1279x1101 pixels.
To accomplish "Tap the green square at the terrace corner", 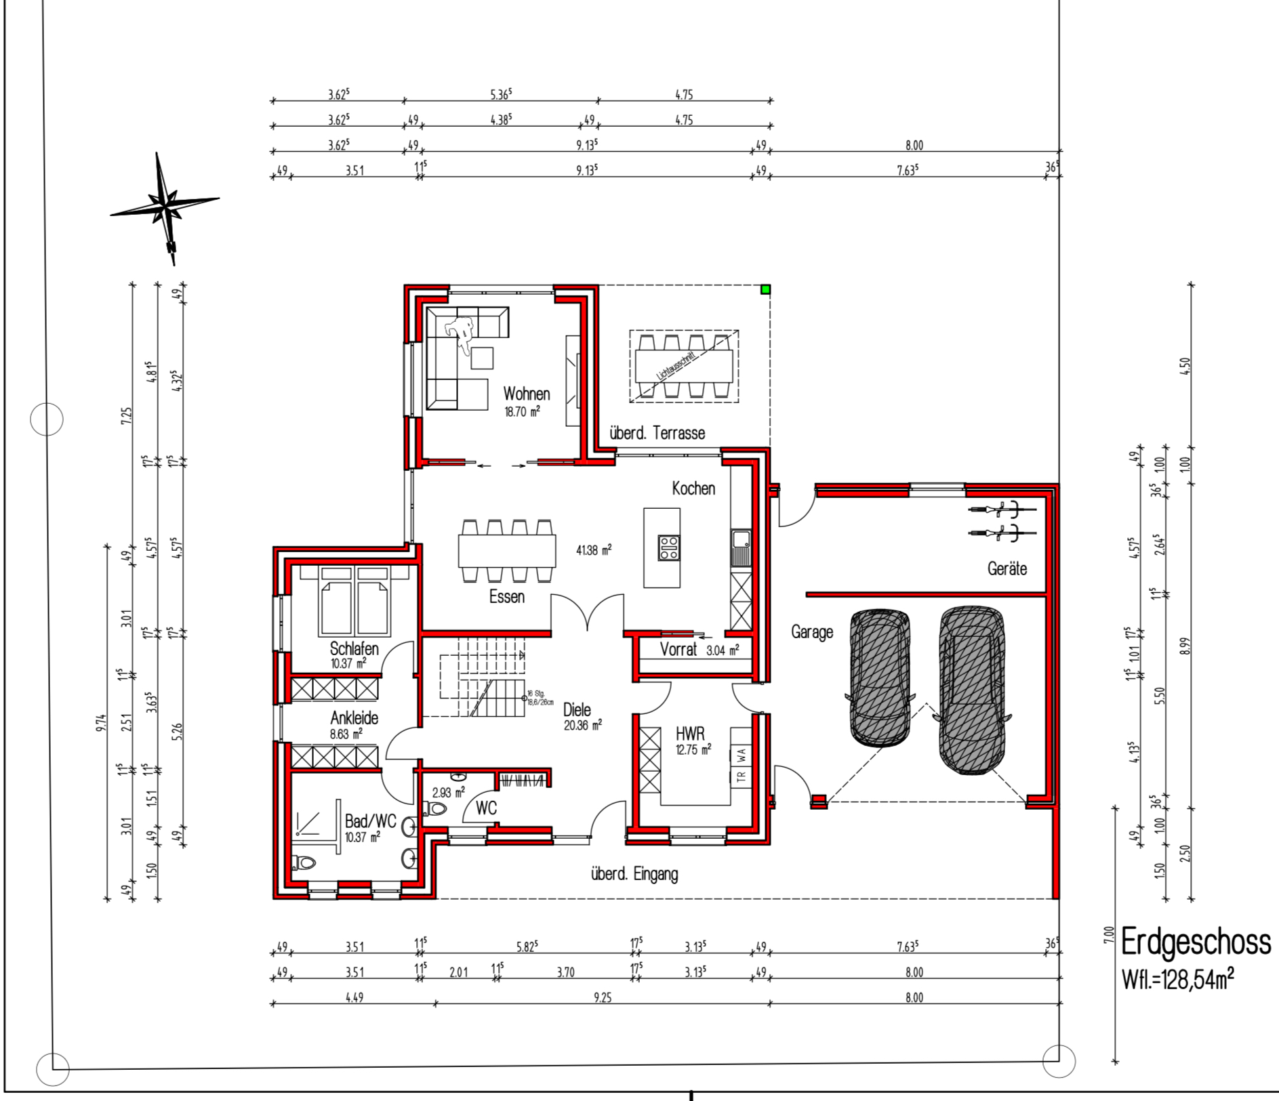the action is (765, 290).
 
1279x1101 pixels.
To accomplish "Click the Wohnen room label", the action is (527, 394).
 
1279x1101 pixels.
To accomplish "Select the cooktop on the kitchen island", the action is (669, 547).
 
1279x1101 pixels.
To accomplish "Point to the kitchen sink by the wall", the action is (741, 547).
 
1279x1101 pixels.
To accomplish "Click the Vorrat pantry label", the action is (678, 650).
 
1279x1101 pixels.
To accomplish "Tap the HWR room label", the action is (690, 734).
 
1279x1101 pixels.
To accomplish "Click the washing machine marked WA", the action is (741, 753).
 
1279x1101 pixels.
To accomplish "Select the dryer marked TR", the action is (741, 776).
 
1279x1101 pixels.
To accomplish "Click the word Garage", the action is (812, 632).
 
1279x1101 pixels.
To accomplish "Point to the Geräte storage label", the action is (1007, 568).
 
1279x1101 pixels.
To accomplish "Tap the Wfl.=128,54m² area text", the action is (1178, 979).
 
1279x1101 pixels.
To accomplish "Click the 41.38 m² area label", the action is (594, 550).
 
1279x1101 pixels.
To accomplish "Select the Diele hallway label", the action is (577, 709).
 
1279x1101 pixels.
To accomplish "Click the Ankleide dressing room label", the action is (354, 718).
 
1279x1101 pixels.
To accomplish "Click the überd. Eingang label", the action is (634, 874).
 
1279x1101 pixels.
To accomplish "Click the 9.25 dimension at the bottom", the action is (603, 997).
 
